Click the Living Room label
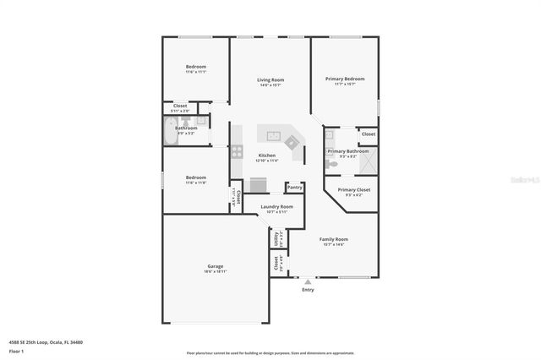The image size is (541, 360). [270, 79]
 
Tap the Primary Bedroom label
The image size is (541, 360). [344, 79]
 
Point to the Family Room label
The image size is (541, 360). [333, 239]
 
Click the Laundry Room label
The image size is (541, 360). [276, 206]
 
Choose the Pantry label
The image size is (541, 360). [294, 187]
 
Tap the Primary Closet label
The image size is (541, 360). [353, 190]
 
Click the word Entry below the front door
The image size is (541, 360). [308, 290]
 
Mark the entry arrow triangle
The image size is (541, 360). [308, 282]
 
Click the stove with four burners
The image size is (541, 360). [237, 153]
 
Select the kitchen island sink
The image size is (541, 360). [275, 135]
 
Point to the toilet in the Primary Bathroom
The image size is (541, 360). [336, 166]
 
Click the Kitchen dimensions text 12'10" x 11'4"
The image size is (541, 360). [267, 161]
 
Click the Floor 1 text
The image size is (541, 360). [16, 350]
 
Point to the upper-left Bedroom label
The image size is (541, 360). [196, 67]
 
